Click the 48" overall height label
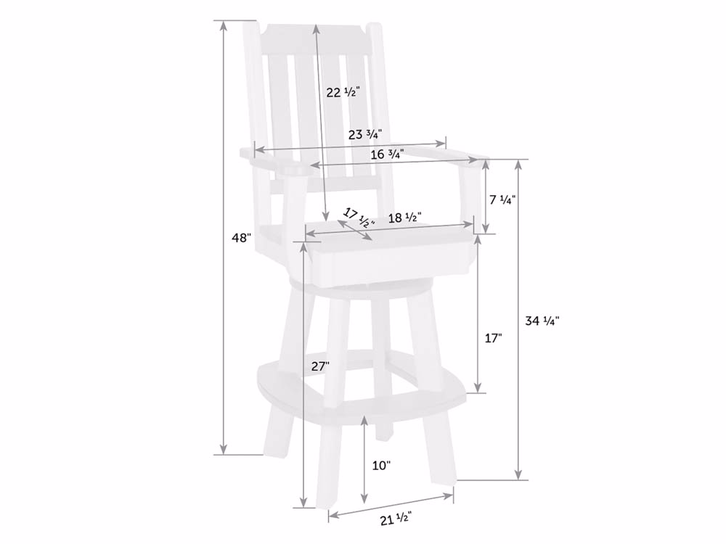pos(241,238)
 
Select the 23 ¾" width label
pos(365,135)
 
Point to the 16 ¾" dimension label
pos(387,154)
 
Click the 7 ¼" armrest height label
pos(502,200)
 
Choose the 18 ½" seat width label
pos(404,218)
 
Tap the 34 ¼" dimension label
pos(542,320)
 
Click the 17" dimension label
pos(493,338)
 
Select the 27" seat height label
pos(320,367)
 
